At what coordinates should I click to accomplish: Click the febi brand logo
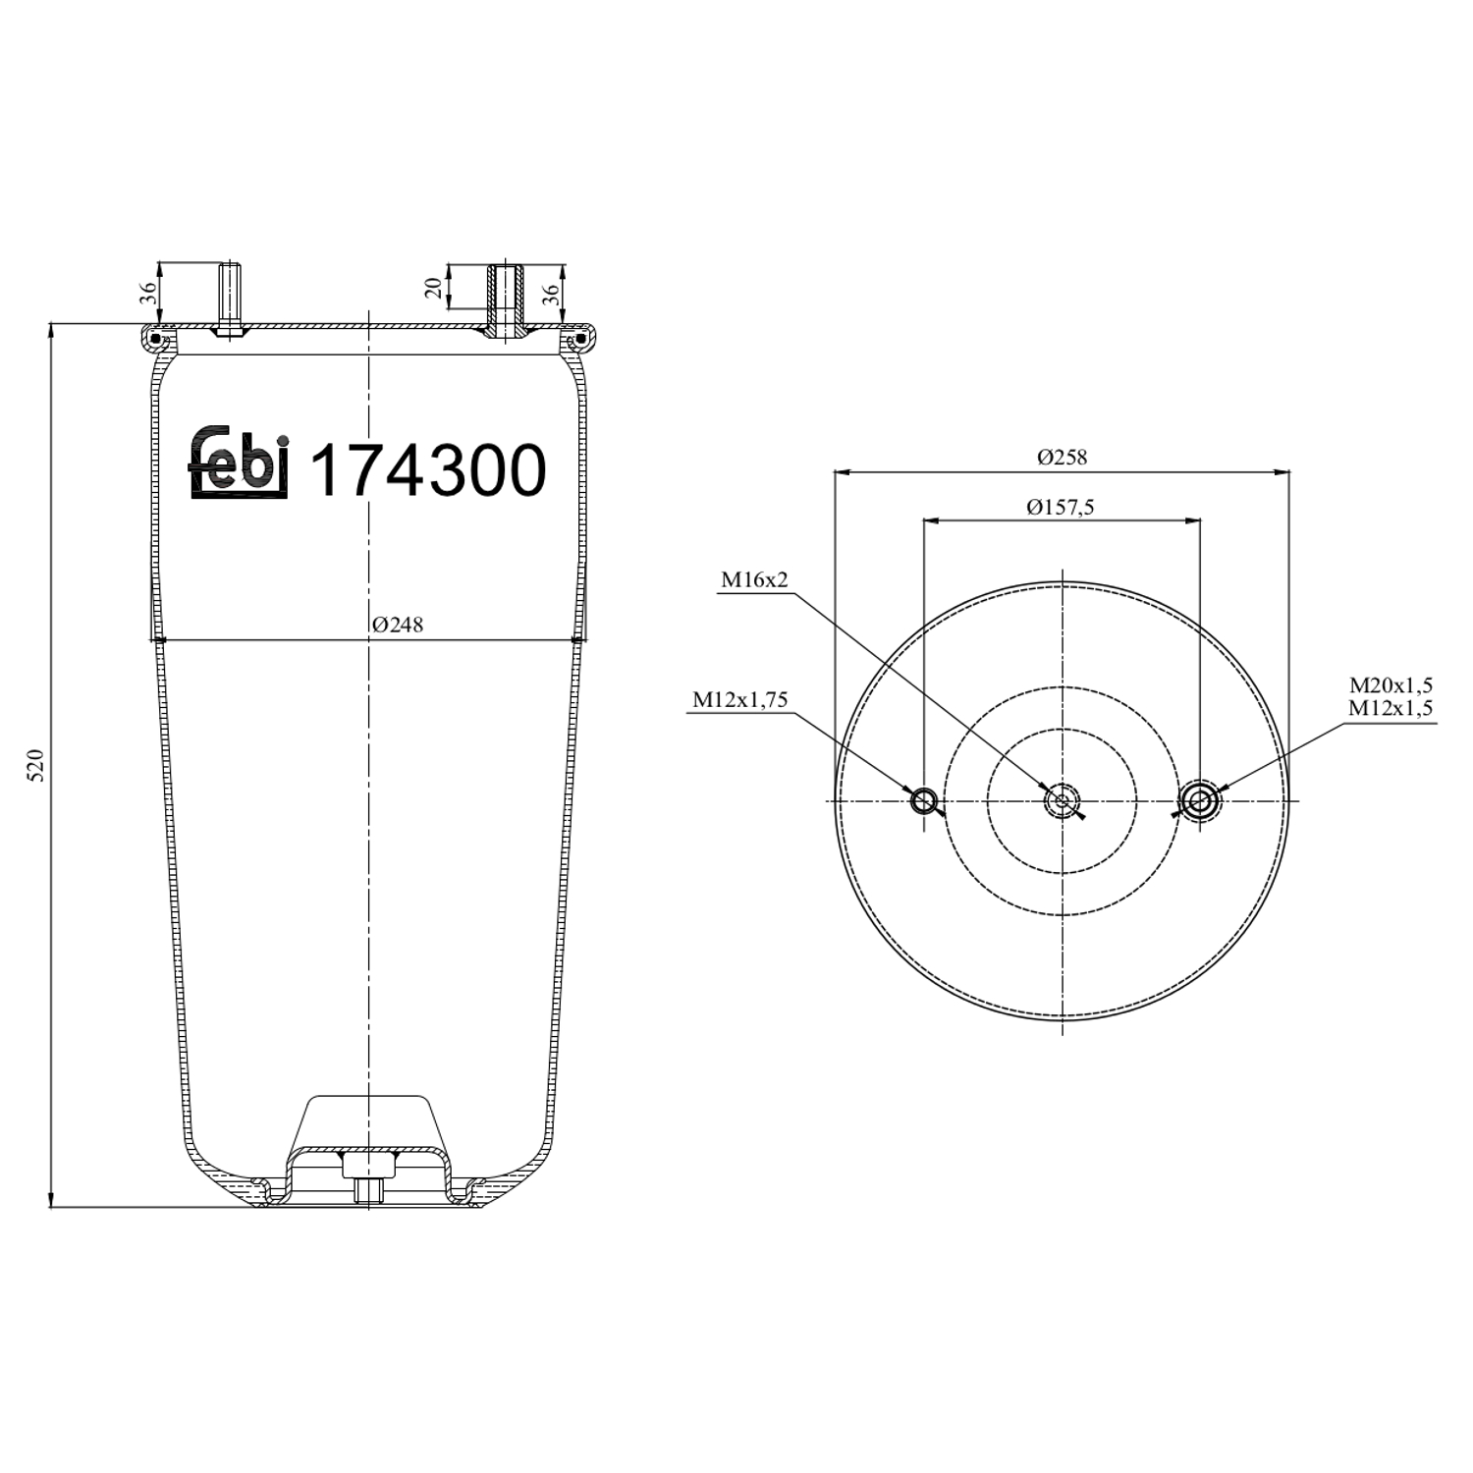(239, 464)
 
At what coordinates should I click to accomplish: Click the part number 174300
(427, 471)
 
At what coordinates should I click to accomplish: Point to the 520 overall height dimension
(36, 764)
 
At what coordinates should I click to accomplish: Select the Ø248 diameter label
(398, 626)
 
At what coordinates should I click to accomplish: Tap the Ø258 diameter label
(1062, 458)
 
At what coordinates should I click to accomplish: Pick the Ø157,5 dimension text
(1061, 508)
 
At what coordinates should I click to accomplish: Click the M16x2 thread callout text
(754, 580)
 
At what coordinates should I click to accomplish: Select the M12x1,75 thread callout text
(740, 700)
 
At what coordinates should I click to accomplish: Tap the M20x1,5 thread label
(1391, 685)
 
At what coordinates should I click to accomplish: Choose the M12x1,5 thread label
(1391, 708)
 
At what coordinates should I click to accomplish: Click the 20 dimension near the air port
(433, 287)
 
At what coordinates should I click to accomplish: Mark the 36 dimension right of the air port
(551, 292)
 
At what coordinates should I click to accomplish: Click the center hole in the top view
(1062, 801)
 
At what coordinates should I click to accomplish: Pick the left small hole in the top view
(923, 801)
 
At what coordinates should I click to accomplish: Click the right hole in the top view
(1199, 801)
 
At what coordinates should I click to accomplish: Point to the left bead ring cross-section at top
(153, 339)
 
